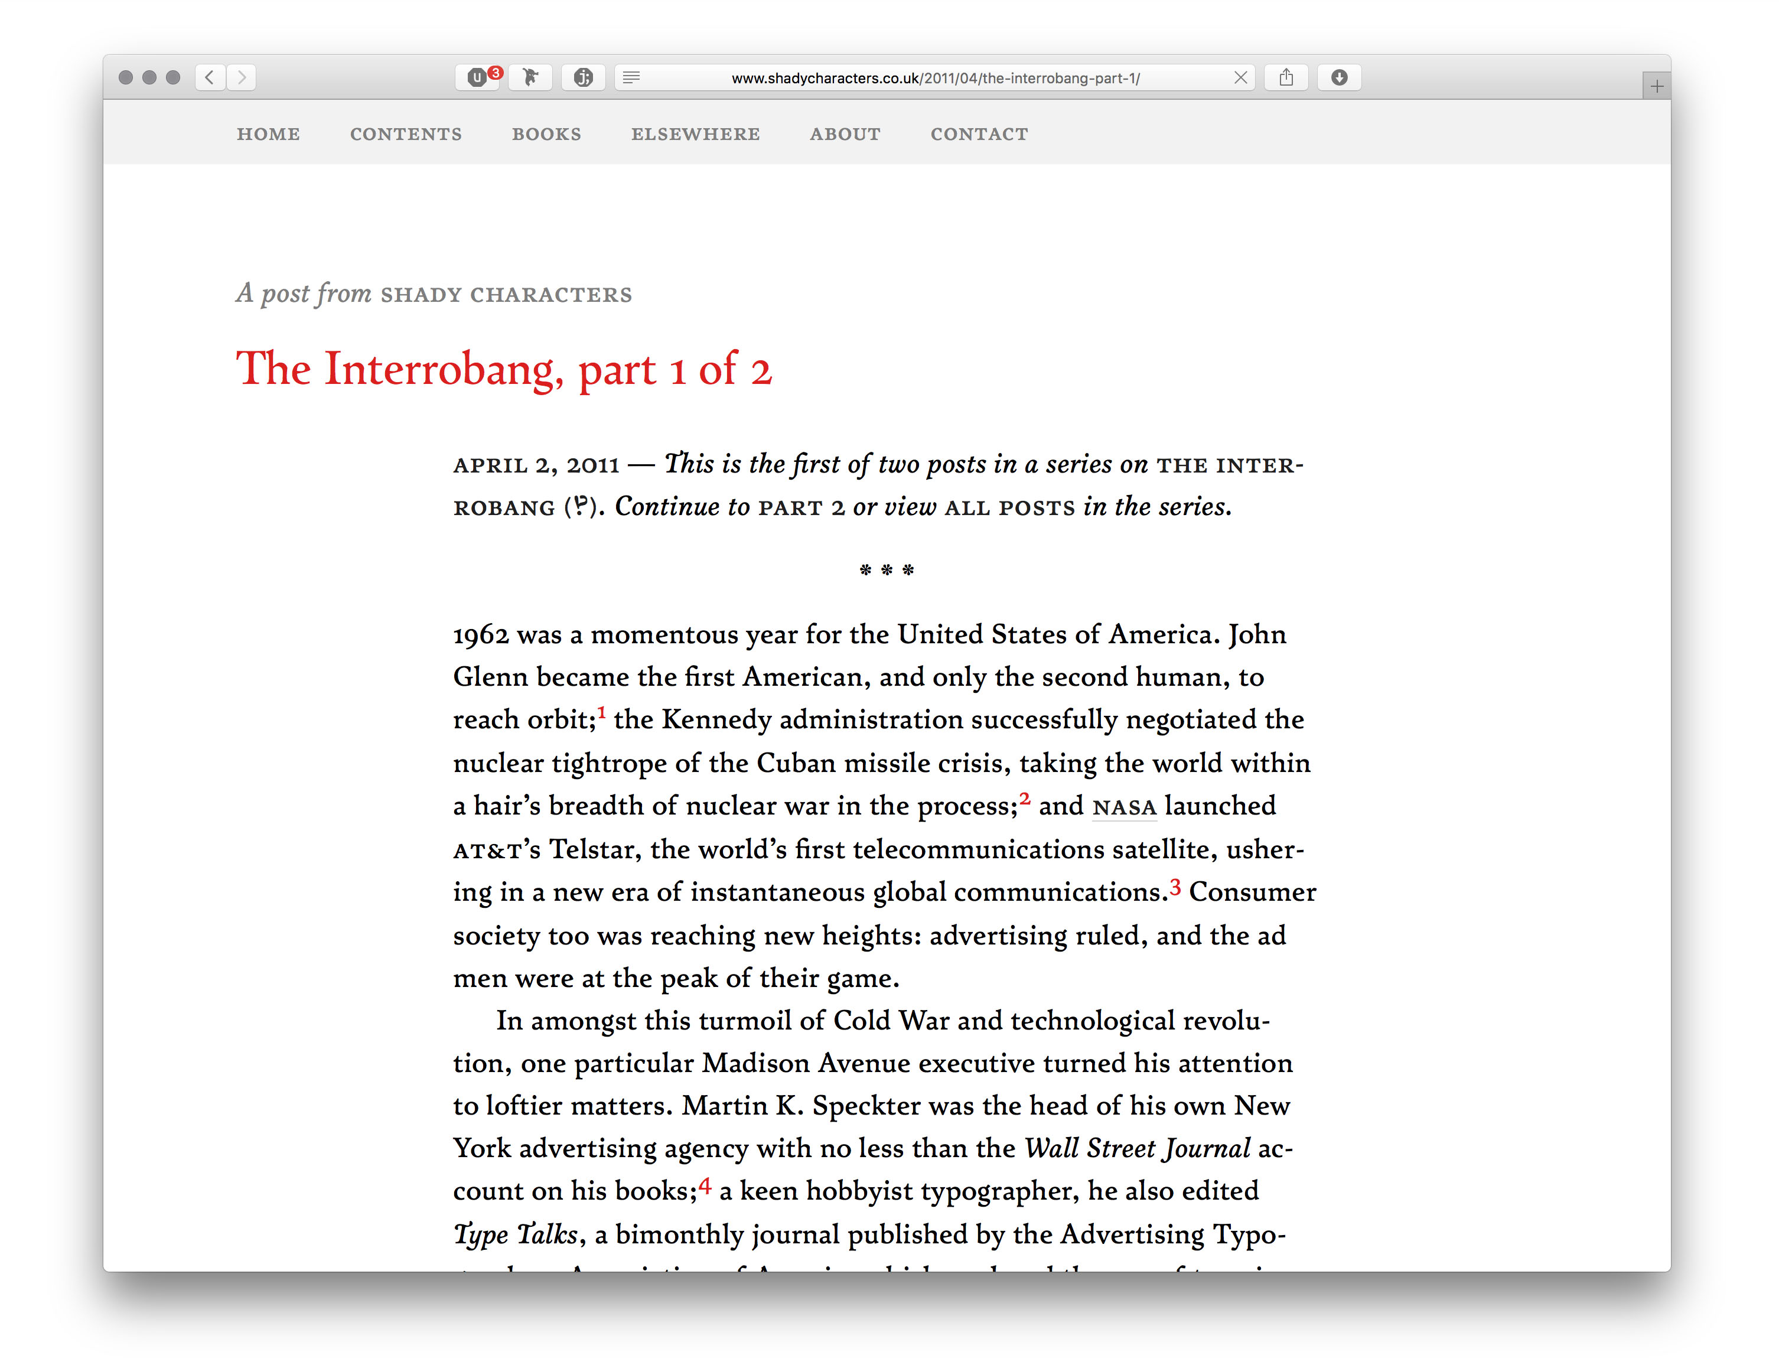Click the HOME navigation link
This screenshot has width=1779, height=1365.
point(268,134)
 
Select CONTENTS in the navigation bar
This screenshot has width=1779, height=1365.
point(405,134)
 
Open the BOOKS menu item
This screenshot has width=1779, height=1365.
point(546,134)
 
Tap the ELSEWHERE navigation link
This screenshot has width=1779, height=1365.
point(695,134)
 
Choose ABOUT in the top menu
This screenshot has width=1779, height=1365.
point(845,134)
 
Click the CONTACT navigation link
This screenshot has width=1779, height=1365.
point(979,134)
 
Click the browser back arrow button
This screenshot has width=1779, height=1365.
point(210,77)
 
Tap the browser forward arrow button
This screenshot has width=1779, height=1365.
point(241,77)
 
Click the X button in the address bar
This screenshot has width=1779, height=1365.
point(1240,77)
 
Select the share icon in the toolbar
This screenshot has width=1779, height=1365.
point(1285,77)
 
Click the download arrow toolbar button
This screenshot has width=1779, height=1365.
point(1339,77)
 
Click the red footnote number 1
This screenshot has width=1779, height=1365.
point(602,712)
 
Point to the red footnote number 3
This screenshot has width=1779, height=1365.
point(1175,887)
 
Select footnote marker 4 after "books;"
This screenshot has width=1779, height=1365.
point(704,1185)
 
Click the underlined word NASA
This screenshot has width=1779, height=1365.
point(1124,807)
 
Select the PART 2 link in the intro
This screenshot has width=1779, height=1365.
point(801,509)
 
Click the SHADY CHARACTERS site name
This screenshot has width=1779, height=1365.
point(506,295)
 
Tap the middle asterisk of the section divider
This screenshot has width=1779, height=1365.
point(887,571)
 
